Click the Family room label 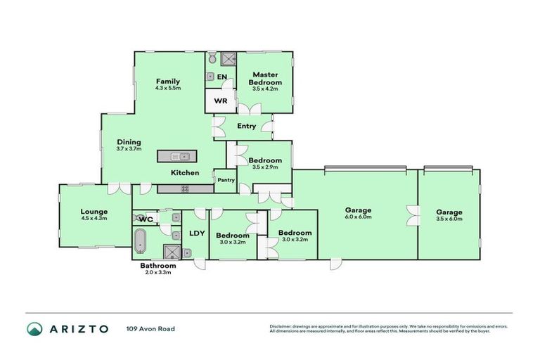(x=168, y=82)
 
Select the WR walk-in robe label (x=219, y=101)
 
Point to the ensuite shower (x=228, y=59)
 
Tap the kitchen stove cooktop (x=186, y=188)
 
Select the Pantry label (x=225, y=180)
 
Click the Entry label (x=247, y=127)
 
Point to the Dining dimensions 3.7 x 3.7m (x=129, y=149)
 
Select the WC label (x=146, y=219)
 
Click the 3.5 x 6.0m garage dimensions (x=449, y=218)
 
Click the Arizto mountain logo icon (x=34, y=328)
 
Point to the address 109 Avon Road (x=150, y=328)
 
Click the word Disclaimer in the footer (x=281, y=326)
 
